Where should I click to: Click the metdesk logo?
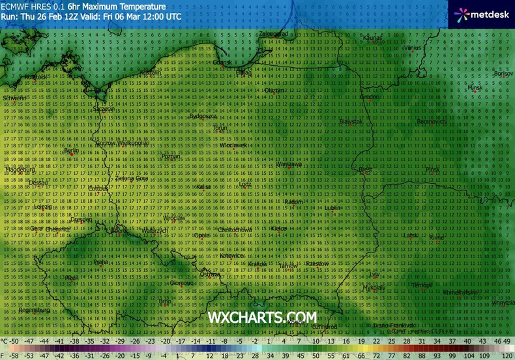click(481, 13)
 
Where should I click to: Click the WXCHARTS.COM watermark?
click(262, 318)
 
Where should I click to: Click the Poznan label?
click(170, 157)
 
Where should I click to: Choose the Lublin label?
click(334, 208)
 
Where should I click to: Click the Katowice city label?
click(231, 256)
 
